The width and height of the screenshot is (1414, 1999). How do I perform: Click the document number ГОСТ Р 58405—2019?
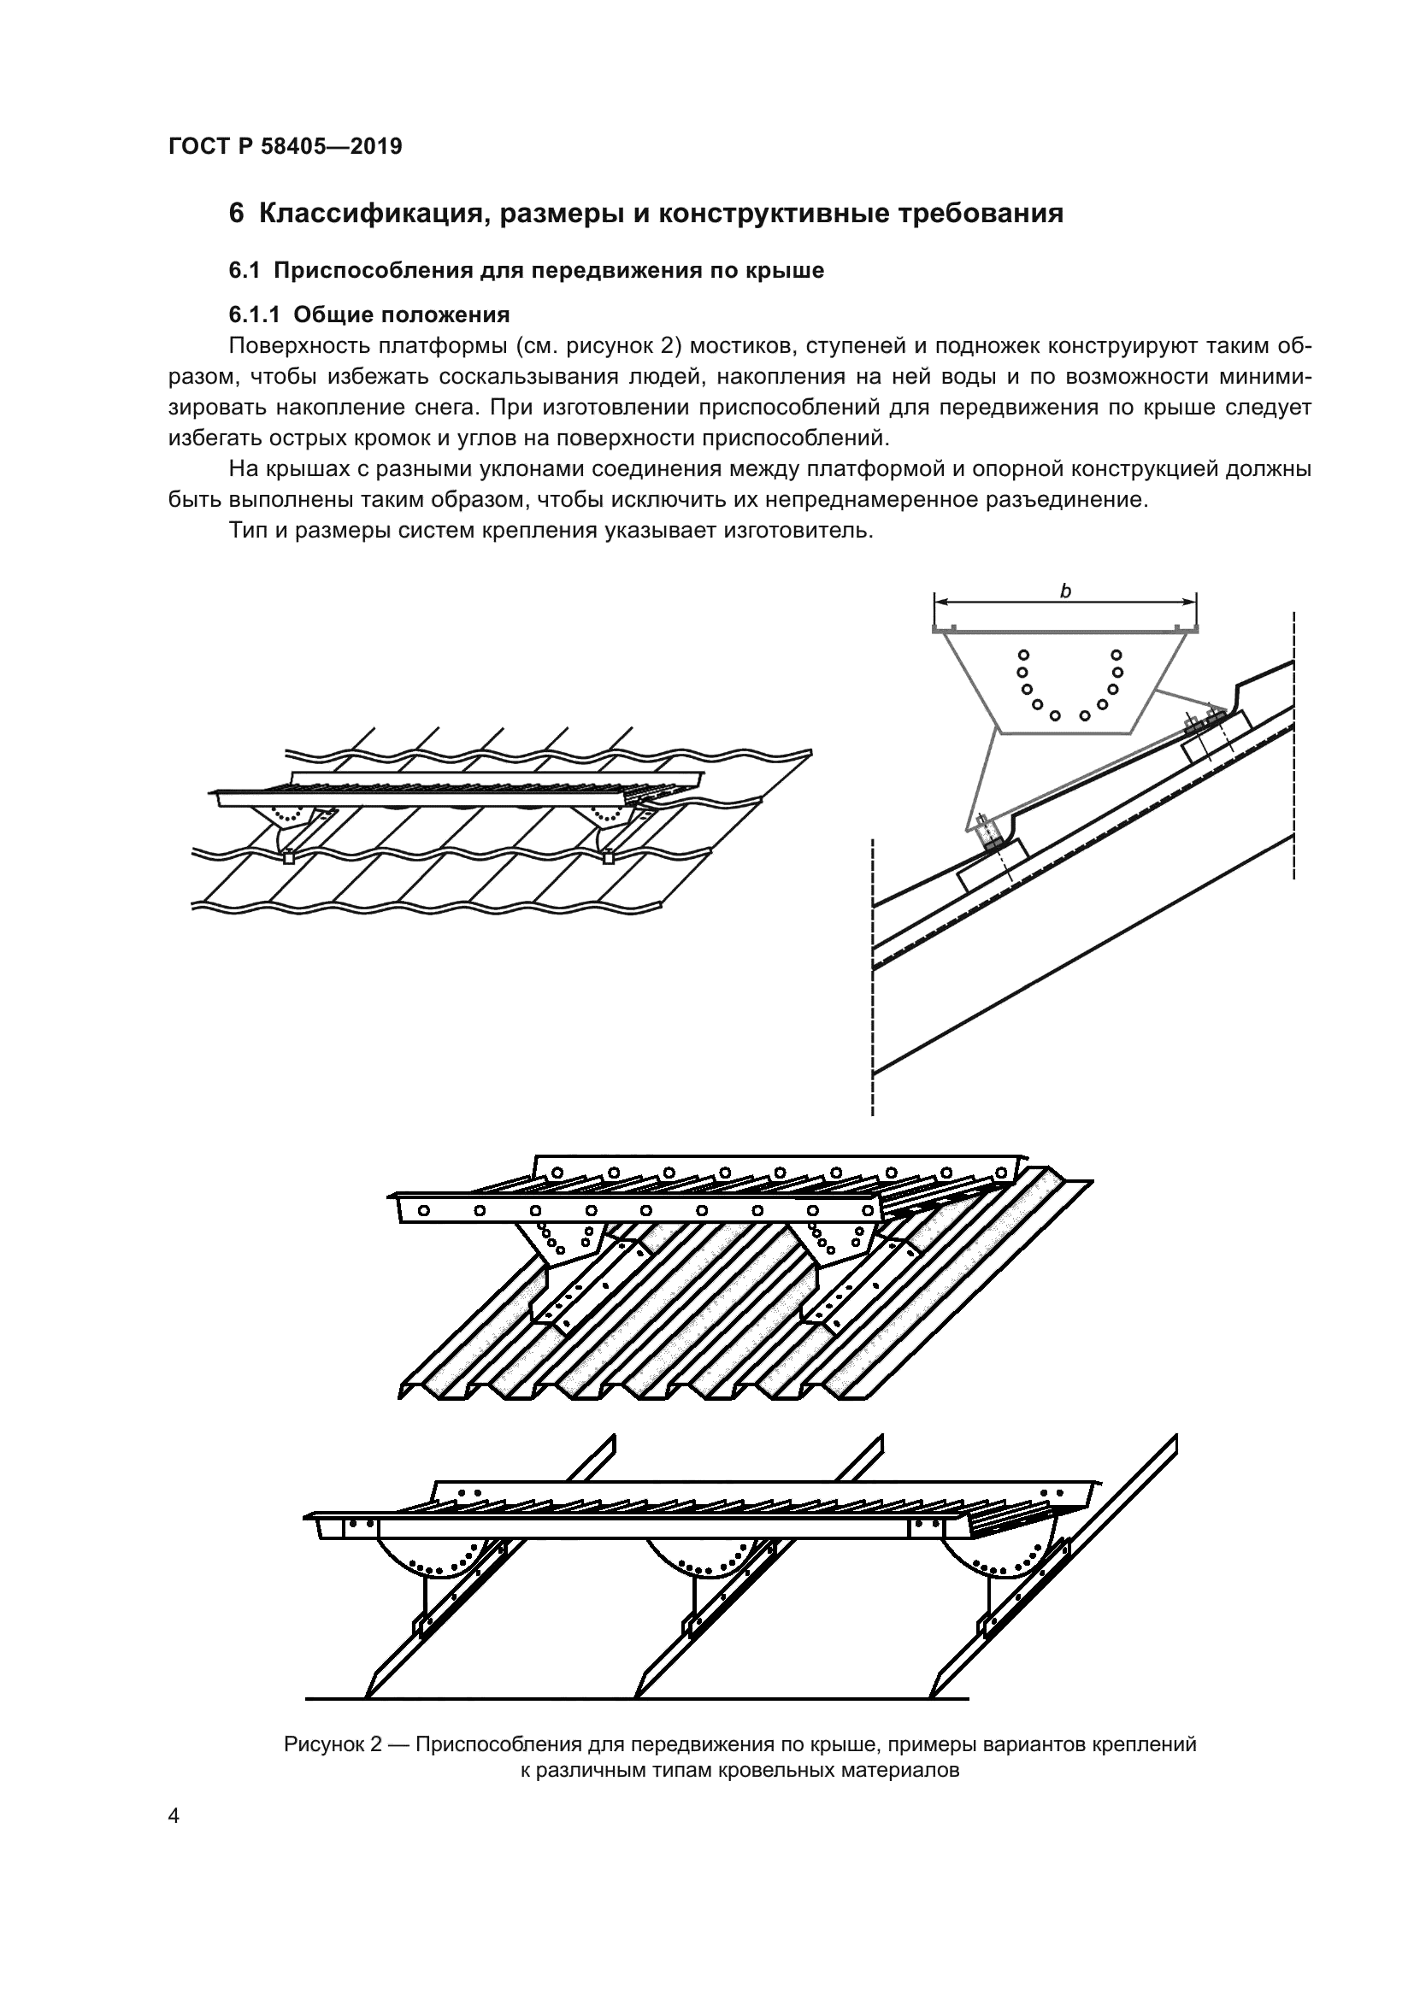(x=285, y=146)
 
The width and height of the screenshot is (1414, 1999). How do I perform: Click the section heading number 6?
(x=236, y=214)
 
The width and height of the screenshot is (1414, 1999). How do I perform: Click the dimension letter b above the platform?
(x=1065, y=591)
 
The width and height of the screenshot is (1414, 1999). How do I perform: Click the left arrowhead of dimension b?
(x=941, y=601)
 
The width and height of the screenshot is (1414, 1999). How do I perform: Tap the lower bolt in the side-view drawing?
(x=986, y=833)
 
